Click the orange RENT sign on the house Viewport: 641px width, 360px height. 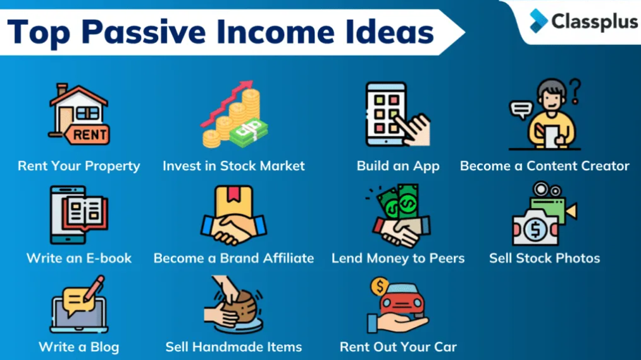[87, 135]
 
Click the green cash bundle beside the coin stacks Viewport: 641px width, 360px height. [249, 132]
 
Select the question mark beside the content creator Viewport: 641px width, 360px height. [575, 90]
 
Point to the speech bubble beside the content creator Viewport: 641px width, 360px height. [521, 109]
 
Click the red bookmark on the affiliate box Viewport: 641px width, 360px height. [233, 193]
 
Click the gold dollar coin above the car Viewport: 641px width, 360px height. [380, 286]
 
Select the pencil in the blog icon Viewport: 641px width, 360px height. [94, 289]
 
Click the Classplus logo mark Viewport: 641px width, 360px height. [538, 21]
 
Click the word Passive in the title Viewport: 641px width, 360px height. [144, 32]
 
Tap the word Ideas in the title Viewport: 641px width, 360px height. [390, 32]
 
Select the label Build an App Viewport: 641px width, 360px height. [398, 166]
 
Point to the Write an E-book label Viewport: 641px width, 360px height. [79, 258]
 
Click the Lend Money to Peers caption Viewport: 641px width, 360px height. [398, 258]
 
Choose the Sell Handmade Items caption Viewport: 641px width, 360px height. [233, 347]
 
